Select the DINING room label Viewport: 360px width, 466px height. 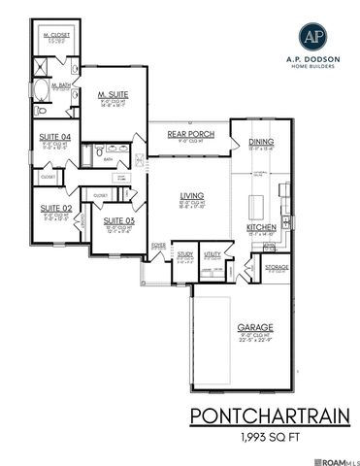click(262, 141)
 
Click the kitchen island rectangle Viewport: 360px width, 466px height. click(258, 204)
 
